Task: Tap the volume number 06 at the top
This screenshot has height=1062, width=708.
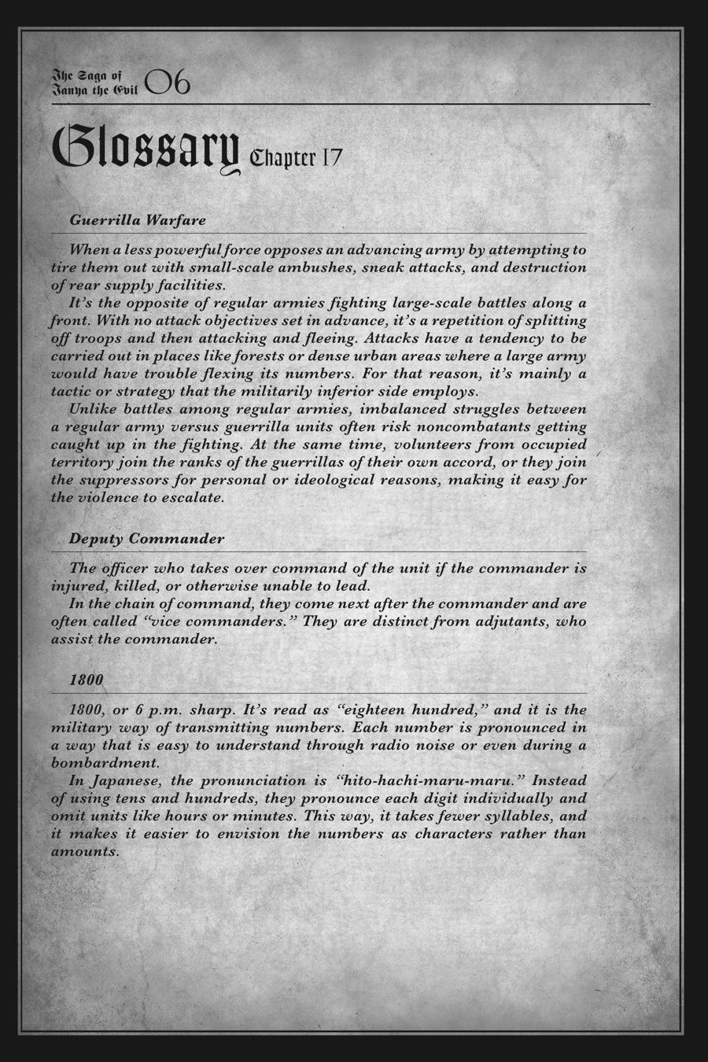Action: [168, 83]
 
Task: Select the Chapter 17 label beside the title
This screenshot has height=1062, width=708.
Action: [295, 158]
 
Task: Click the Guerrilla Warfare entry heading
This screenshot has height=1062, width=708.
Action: [138, 219]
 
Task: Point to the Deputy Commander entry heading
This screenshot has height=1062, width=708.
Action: [146, 539]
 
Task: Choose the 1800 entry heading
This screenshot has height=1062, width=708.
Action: [86, 679]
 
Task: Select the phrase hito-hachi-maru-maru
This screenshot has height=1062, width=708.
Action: [430, 781]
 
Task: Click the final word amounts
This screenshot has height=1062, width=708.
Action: [84, 852]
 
